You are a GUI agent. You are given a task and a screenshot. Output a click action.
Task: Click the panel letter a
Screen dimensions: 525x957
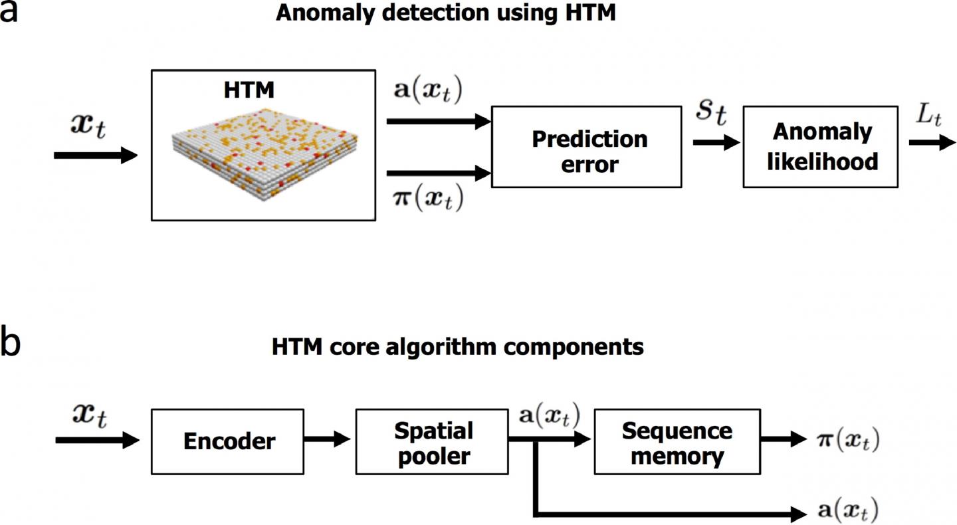point(9,11)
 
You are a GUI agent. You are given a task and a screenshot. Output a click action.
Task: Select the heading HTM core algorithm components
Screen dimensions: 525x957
point(458,347)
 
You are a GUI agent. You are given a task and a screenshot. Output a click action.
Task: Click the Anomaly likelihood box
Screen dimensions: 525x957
point(822,146)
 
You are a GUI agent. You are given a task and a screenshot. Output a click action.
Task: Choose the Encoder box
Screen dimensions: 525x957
point(228,441)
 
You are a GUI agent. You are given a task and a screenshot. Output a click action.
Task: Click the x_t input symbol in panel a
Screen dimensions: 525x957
point(88,127)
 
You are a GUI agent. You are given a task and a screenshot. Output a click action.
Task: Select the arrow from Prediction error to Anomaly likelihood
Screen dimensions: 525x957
point(715,142)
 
